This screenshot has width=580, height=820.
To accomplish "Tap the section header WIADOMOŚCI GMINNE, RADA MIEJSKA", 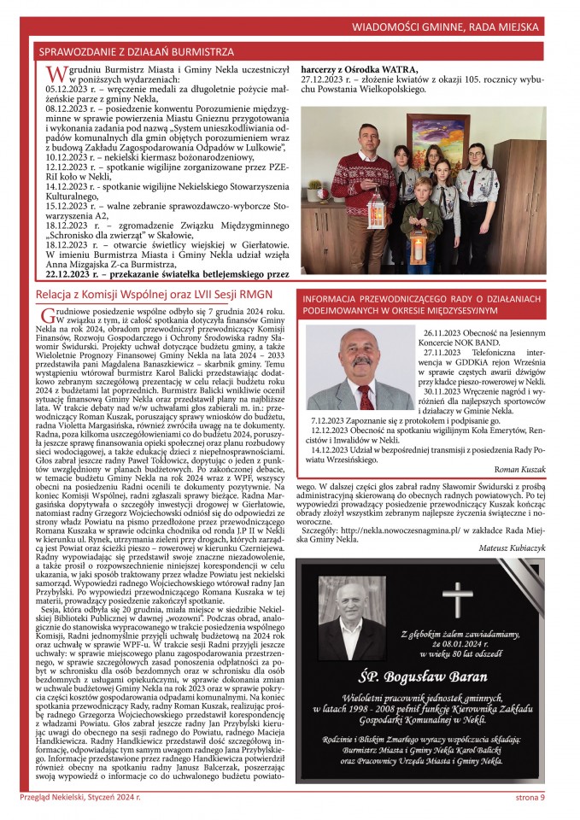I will click(460, 27).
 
